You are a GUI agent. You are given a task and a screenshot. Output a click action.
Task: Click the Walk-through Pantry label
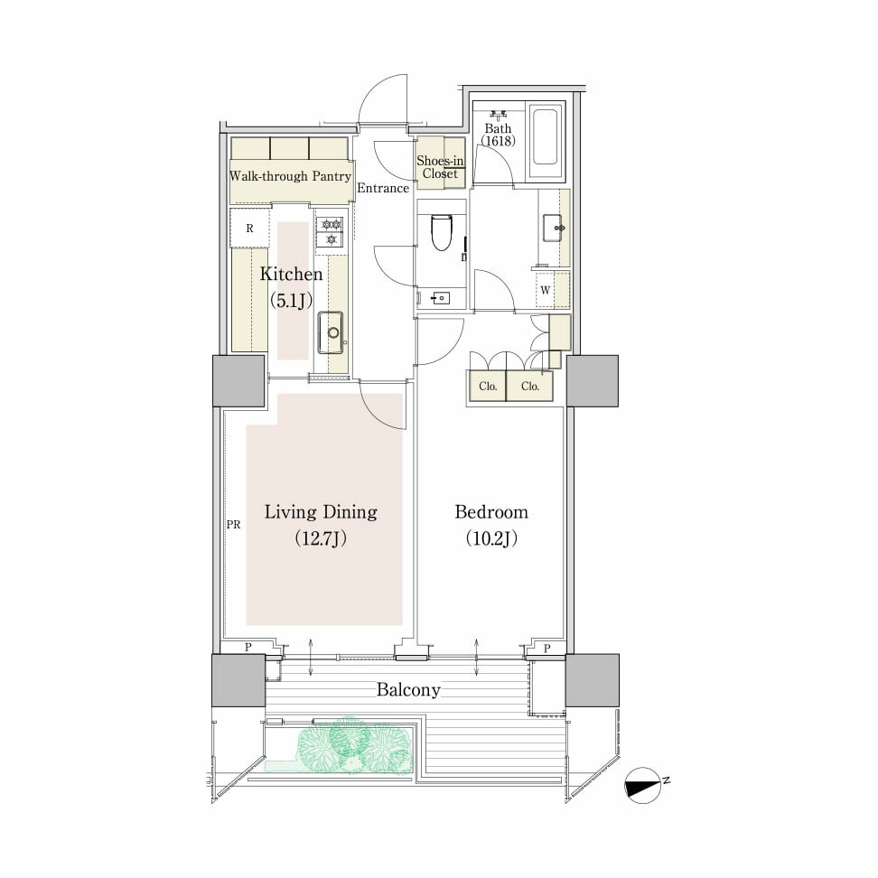290,176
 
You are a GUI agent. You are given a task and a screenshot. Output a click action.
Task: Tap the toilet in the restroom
441,232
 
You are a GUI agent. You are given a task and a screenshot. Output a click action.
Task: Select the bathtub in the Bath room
545,136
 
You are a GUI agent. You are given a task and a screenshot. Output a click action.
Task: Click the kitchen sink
331,332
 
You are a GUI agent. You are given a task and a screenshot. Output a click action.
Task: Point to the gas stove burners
330,232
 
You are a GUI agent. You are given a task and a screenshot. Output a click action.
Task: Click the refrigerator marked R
249,228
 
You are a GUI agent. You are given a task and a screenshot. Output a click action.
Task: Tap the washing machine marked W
545,290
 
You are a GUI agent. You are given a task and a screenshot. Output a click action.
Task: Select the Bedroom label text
491,512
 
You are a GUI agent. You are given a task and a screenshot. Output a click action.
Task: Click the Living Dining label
321,512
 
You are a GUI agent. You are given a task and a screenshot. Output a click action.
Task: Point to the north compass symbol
643,785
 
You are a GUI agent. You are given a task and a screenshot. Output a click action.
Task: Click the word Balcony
408,690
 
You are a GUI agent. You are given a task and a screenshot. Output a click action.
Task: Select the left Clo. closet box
487,386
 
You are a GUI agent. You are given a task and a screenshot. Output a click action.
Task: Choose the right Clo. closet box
529,386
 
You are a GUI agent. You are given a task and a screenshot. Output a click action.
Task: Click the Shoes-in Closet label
440,167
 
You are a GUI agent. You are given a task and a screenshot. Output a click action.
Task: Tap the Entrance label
383,188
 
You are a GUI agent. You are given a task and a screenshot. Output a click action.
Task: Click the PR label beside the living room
233,525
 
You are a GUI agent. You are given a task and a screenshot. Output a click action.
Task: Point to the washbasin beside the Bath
553,228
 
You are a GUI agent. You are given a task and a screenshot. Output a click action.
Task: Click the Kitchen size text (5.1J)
291,301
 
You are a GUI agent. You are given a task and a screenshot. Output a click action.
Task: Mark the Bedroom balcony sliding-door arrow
477,657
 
